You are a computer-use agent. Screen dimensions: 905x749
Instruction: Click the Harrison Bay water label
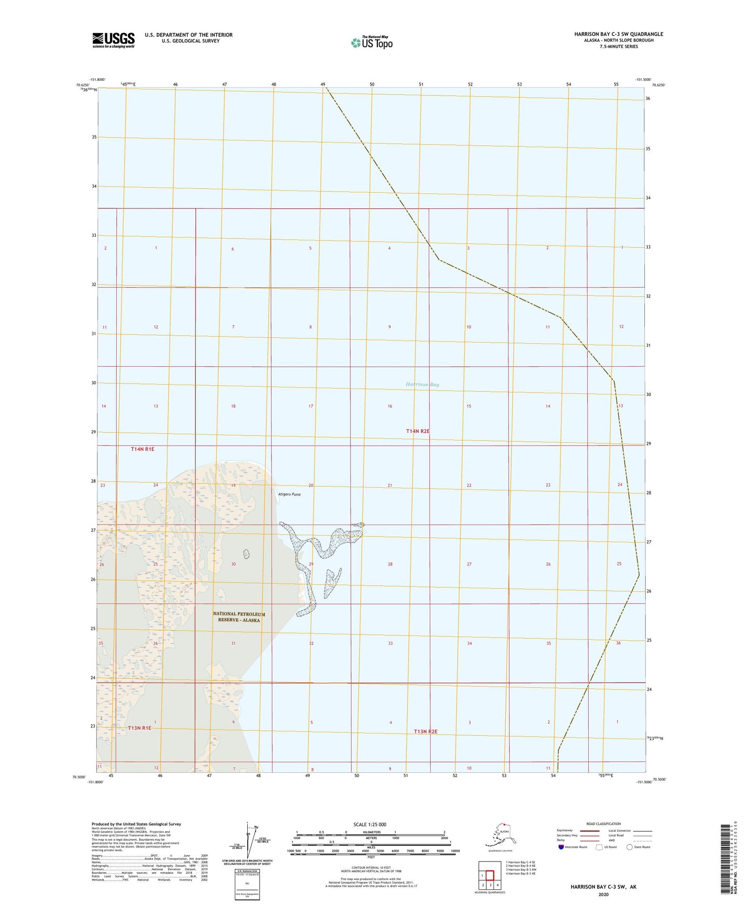tap(422, 385)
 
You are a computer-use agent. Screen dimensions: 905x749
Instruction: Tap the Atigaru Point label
tap(289, 494)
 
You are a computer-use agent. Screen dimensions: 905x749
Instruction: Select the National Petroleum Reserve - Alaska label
tap(238, 617)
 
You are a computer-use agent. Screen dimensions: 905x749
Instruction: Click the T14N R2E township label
tap(418, 431)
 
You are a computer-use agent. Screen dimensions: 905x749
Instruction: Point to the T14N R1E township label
tap(143, 449)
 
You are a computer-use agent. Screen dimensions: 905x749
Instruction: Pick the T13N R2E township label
tap(426, 731)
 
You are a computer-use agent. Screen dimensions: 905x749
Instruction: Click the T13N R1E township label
tap(139, 728)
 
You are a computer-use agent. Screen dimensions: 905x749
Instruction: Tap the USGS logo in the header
tap(114, 40)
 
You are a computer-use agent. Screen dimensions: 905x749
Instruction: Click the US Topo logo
tap(372, 42)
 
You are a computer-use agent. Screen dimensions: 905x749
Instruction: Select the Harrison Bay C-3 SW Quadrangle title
tap(618, 34)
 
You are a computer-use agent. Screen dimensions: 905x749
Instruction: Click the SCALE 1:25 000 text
tap(371, 824)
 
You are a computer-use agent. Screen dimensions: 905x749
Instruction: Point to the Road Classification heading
tap(603, 824)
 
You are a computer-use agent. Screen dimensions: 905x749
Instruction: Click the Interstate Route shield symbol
tap(561, 847)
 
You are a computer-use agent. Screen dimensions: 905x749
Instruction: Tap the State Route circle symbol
tap(629, 847)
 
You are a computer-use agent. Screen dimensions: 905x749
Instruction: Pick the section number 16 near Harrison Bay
tap(390, 406)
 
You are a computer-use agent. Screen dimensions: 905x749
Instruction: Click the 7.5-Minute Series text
tap(619, 47)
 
